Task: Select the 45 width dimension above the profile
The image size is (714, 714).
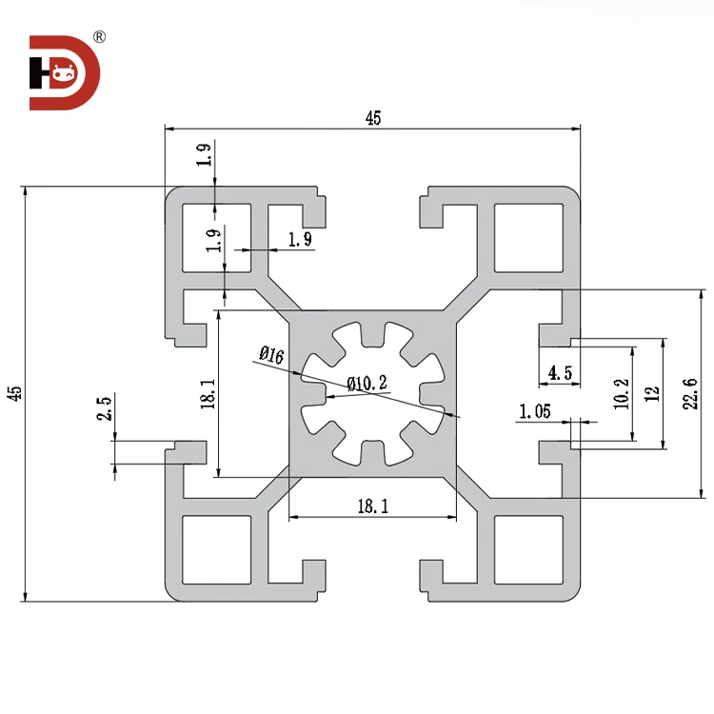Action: coord(373,118)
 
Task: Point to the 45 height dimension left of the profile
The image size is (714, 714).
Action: coord(13,394)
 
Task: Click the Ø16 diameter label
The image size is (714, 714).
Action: coord(271,356)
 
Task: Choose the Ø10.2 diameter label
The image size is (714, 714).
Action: coord(367,383)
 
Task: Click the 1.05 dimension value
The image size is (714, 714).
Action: coord(536,411)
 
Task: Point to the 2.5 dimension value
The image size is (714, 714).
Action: coord(105,409)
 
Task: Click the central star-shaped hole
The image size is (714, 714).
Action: coord(373,394)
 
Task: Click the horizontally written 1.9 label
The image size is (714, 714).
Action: coord(299,239)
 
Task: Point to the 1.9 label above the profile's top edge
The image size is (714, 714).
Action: coord(204,155)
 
